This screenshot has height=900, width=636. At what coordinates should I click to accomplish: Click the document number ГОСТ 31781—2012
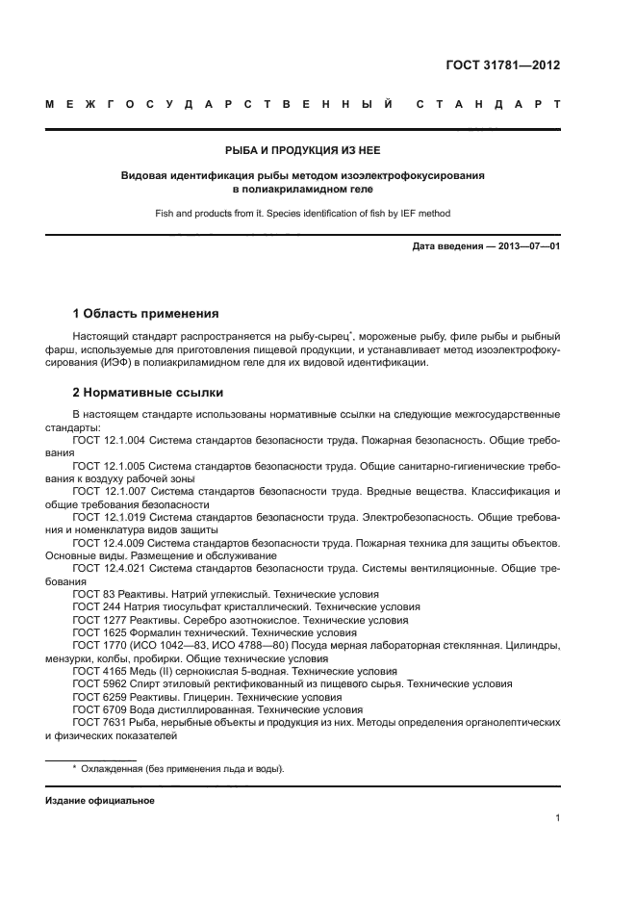coord(504,66)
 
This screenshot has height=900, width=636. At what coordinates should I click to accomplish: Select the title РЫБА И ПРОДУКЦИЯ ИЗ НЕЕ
coord(302,149)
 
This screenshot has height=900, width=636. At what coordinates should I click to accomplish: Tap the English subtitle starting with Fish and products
coord(302,213)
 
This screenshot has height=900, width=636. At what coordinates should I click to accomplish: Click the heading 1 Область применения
coord(146,313)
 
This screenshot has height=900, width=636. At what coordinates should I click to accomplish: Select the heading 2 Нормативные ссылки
coord(148,393)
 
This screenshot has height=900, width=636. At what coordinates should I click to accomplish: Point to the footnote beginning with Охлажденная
coord(182,768)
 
